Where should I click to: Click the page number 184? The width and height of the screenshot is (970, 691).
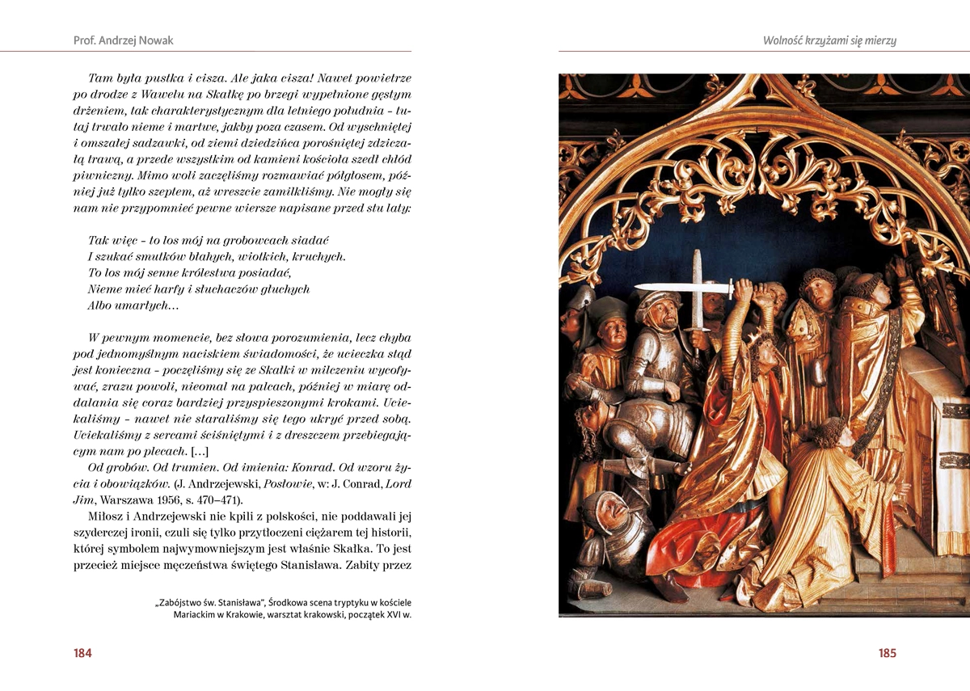click(x=82, y=653)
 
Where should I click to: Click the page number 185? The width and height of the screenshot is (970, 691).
click(x=887, y=653)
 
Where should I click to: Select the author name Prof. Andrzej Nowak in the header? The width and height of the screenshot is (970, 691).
click(x=123, y=40)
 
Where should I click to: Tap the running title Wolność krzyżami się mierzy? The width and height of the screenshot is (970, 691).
click(x=829, y=40)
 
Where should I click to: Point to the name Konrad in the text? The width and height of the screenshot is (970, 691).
click(x=314, y=466)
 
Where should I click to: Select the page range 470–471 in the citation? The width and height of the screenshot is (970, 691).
click(x=242, y=499)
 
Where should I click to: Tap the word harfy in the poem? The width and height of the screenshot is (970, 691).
click(x=170, y=289)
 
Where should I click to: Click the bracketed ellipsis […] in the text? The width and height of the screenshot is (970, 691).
click(x=202, y=450)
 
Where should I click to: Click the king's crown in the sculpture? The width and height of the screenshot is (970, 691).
click(x=763, y=339)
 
